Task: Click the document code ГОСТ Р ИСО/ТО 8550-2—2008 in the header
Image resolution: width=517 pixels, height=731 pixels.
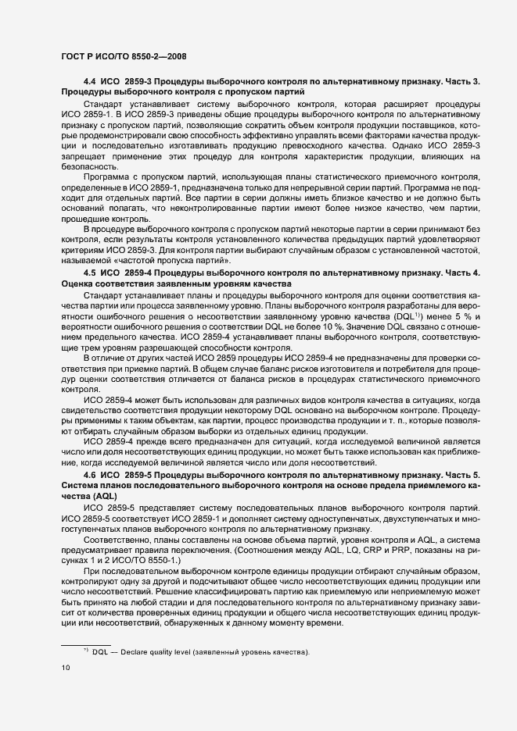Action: point(122,57)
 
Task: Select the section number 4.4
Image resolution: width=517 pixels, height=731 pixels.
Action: point(89,81)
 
